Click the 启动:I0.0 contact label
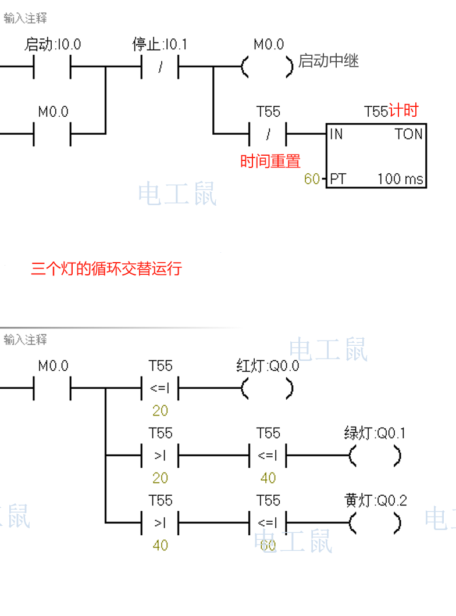pyautogui.click(x=52, y=44)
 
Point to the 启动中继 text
pyautogui.click(x=329, y=60)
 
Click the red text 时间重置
pyautogui.click(x=270, y=161)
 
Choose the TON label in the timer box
pyautogui.click(x=409, y=134)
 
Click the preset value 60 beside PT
pyautogui.click(x=312, y=179)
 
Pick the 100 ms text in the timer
pyautogui.click(x=400, y=179)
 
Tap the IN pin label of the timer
pyautogui.click(x=337, y=134)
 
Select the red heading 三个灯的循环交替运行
pyautogui.click(x=106, y=268)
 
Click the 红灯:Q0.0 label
pyautogui.click(x=268, y=366)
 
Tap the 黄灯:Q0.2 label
pyautogui.click(x=376, y=500)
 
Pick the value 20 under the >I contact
pyautogui.click(x=160, y=478)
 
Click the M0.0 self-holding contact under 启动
pyautogui.click(x=53, y=135)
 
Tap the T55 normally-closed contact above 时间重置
pyautogui.click(x=268, y=135)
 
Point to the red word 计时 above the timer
pyautogui.click(x=403, y=110)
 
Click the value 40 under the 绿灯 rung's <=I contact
pyautogui.click(x=268, y=478)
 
